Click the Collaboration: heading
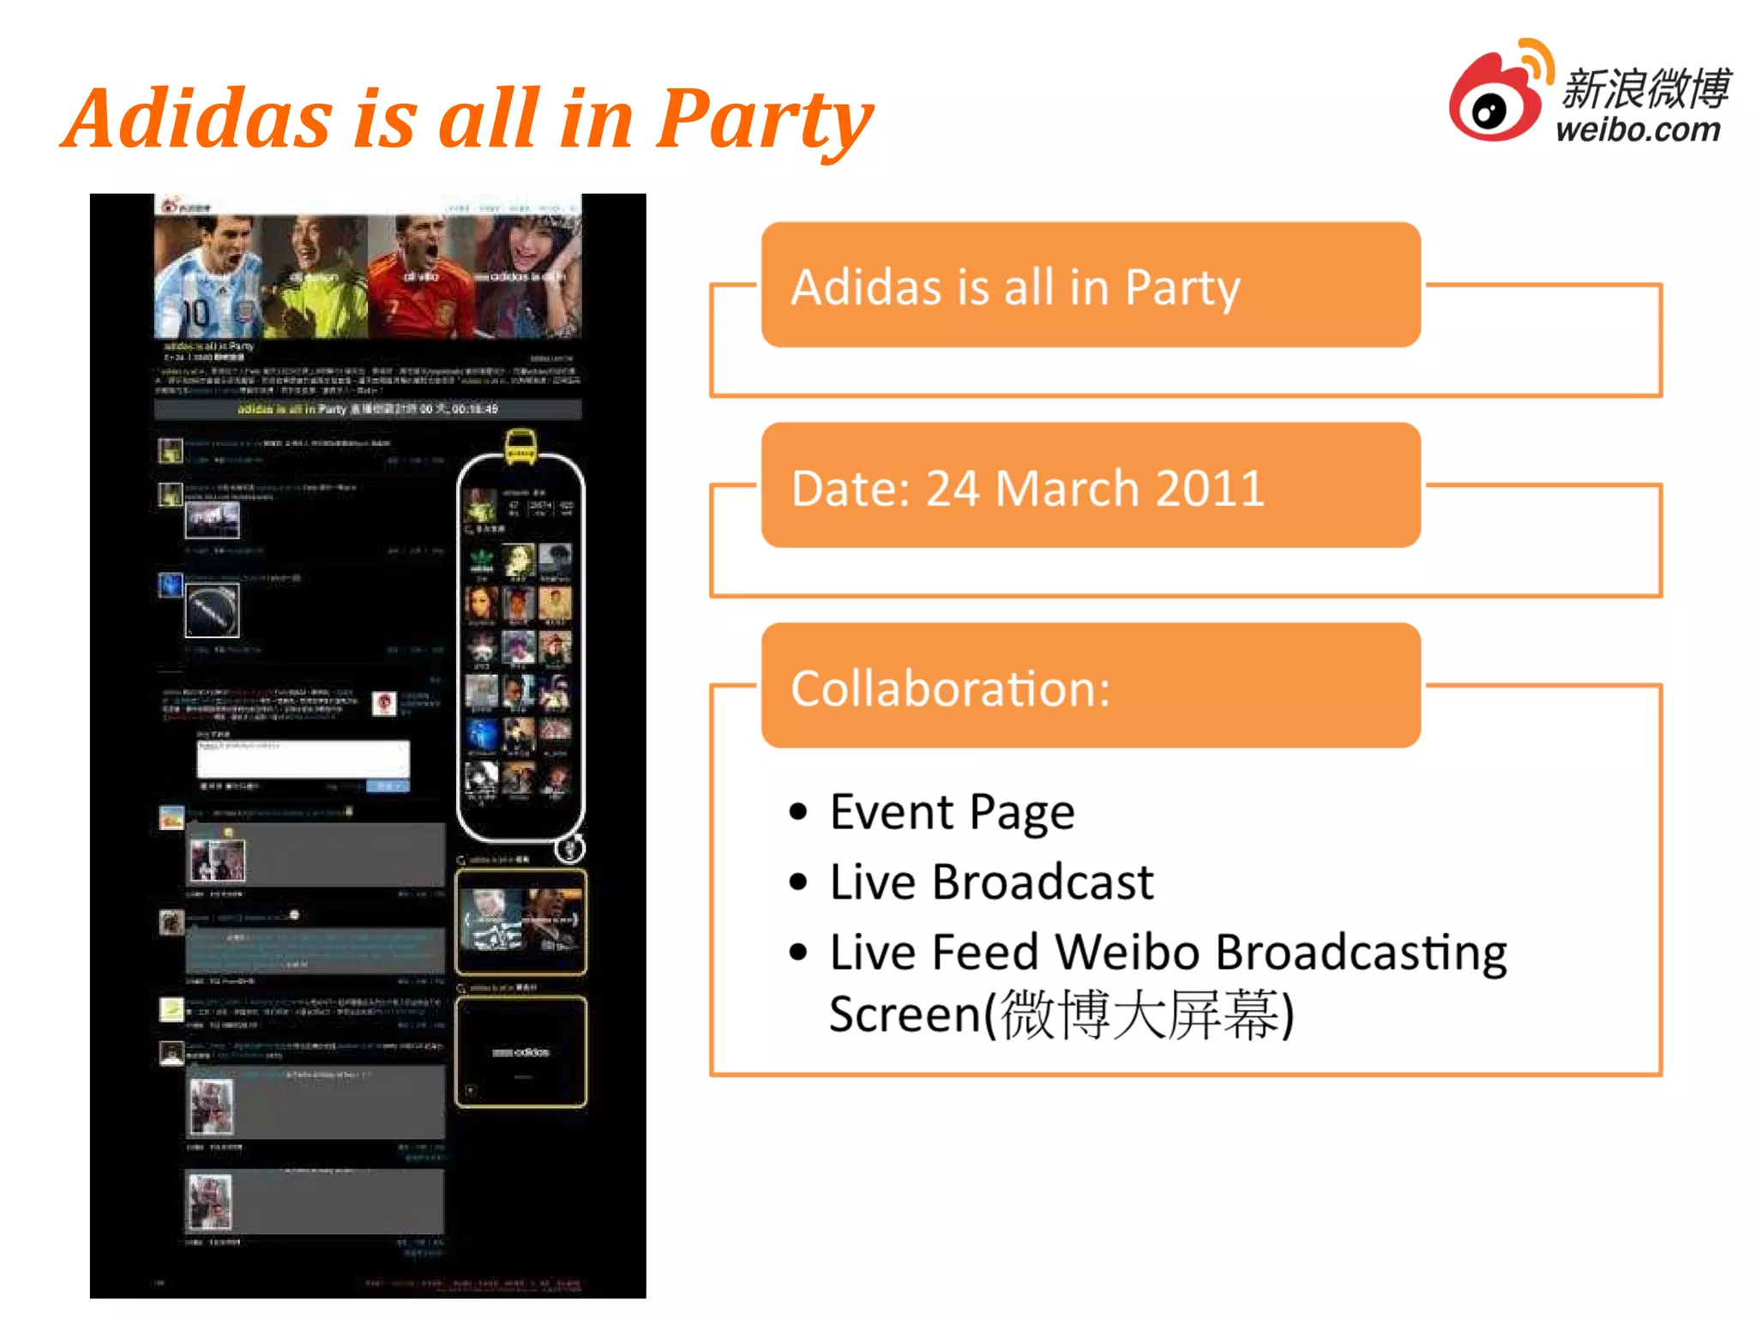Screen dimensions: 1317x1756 950,689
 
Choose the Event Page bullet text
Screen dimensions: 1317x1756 952,812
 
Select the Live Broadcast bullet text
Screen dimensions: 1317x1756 991,882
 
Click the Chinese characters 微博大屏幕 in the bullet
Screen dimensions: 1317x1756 1140,1014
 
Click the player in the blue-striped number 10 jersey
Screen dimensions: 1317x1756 206,279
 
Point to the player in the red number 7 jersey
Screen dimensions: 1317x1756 420,279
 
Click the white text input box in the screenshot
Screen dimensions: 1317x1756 303,759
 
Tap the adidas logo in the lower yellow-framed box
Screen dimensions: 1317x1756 521,1052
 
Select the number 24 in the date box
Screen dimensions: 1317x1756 953,489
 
